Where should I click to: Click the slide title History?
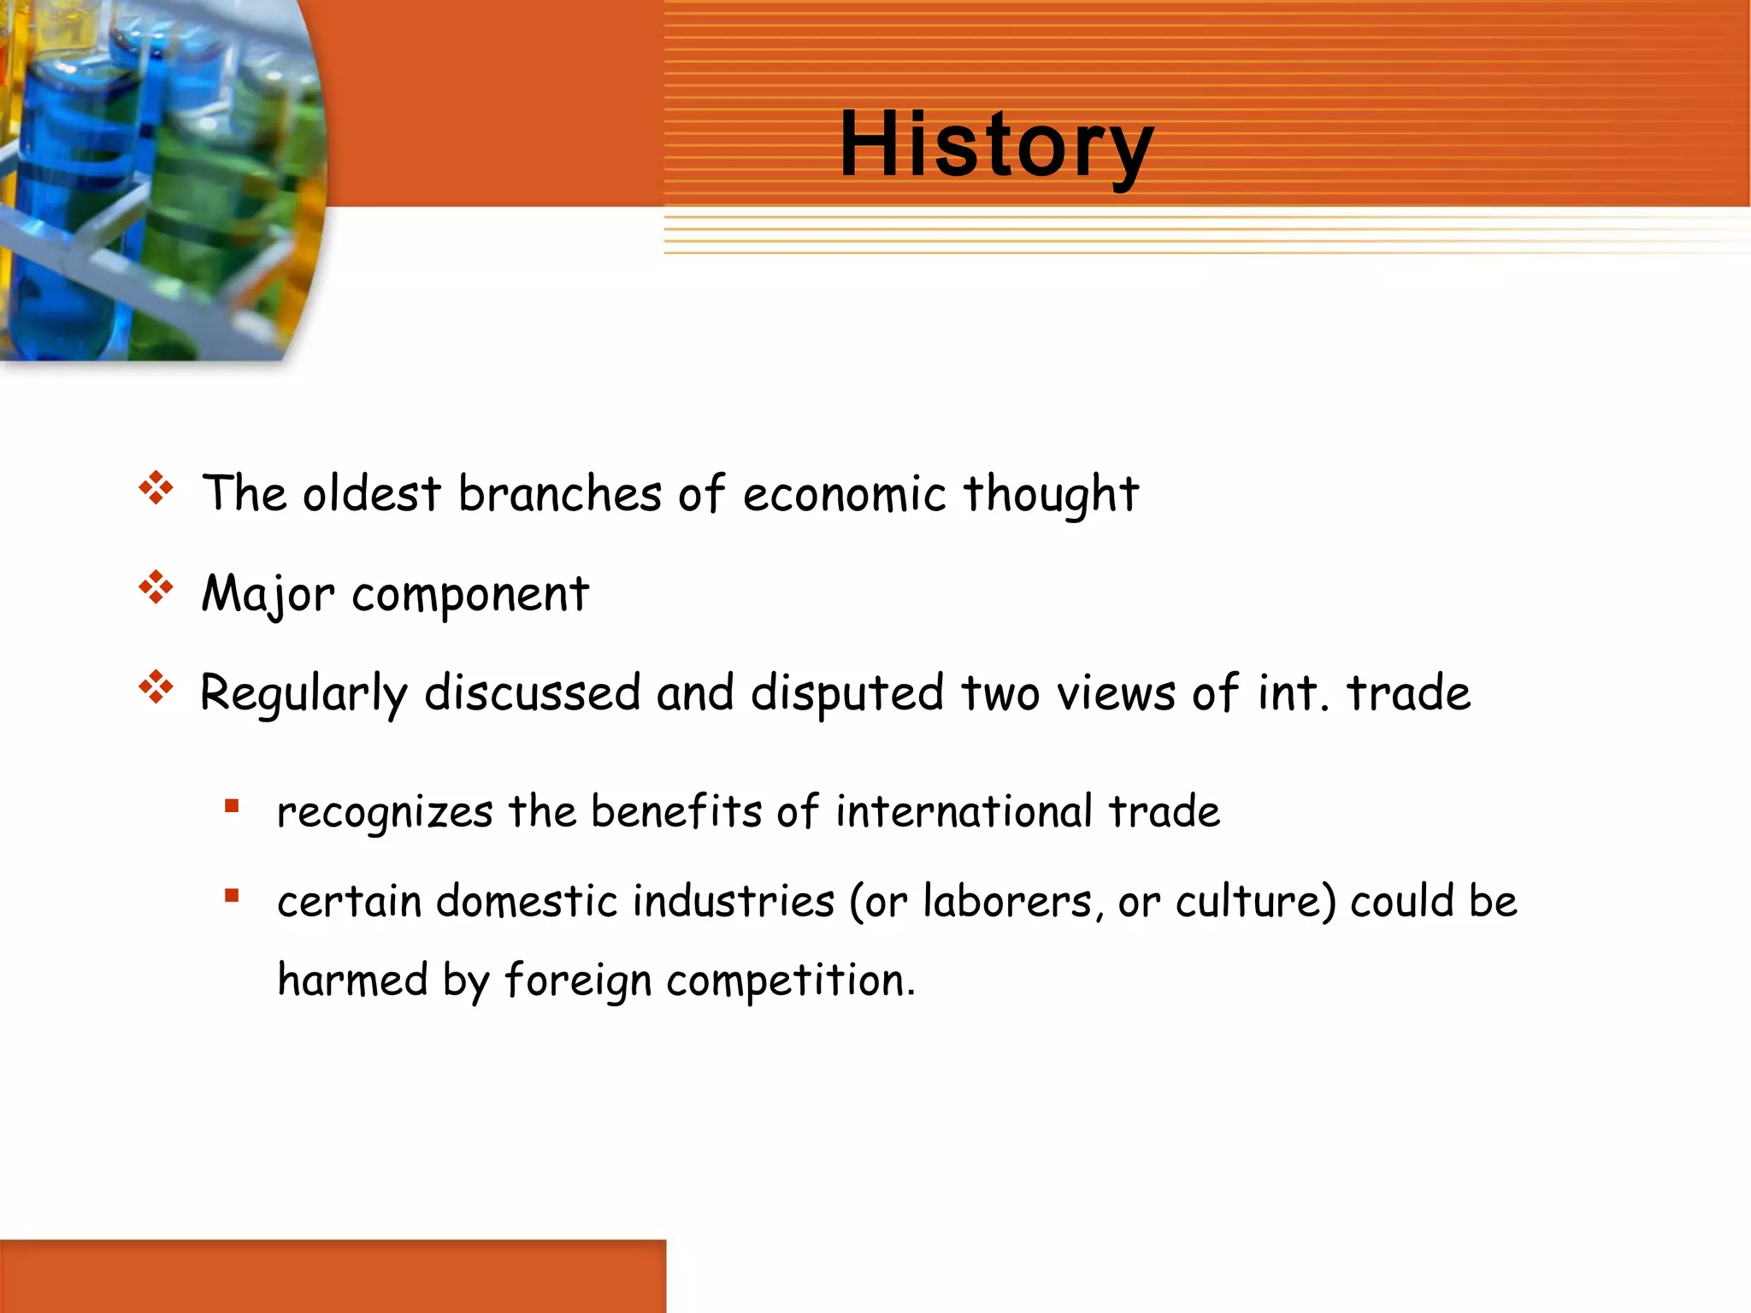[996, 145]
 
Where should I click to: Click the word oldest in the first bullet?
[371, 494]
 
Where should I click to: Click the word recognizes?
[385, 813]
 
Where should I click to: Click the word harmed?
[352, 980]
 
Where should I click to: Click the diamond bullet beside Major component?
[156, 587]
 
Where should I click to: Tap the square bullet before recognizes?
[232, 806]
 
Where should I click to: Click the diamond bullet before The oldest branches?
[156, 488]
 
